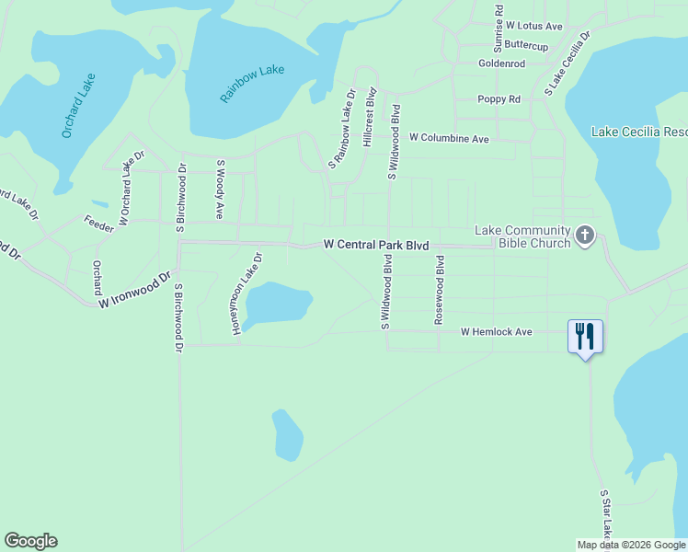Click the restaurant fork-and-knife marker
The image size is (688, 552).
coord(585,336)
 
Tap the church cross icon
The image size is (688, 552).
coord(584,236)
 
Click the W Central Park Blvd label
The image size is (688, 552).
coord(376,245)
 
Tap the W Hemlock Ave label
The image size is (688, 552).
coord(497,331)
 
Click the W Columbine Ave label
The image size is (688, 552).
coord(449,138)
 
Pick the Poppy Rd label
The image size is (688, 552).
coord(499,99)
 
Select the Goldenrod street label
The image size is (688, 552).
coord(500,63)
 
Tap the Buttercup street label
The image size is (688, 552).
coord(526,45)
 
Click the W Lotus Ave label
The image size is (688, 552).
coord(533,27)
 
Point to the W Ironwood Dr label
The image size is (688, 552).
coord(136,289)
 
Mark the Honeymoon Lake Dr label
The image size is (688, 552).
coord(247,293)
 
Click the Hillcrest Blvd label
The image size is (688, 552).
coord(370,117)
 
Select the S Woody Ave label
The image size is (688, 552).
coord(221,189)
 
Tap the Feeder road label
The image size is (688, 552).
coord(98,224)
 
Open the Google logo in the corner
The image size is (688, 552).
coord(30,541)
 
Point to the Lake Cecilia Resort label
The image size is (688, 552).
coord(638,132)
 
